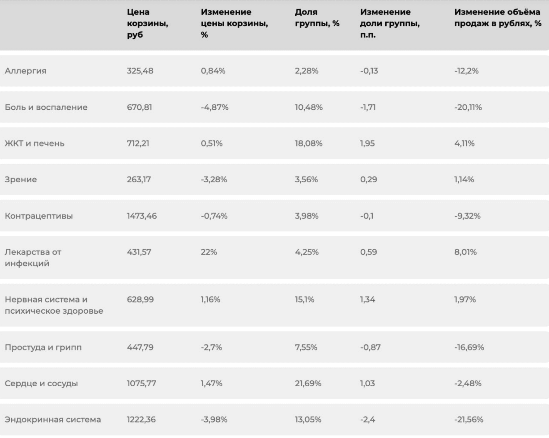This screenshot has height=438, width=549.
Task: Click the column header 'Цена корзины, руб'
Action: [147, 23]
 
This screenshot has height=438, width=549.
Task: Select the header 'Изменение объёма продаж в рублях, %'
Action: [498, 18]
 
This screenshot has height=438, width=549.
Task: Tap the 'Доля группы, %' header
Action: [317, 18]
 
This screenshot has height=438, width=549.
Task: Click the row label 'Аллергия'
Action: [25, 70]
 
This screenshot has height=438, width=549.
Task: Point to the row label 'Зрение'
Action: [21, 179]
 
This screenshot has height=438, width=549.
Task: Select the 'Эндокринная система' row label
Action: [53, 419]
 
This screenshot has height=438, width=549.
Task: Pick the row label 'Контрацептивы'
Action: [39, 216]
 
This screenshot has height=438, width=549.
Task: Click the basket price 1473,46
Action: [142, 216]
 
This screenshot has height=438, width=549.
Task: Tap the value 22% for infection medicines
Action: [209, 252]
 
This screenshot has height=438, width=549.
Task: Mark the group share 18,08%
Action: [309, 143]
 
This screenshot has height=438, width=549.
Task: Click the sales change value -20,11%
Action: [468, 107]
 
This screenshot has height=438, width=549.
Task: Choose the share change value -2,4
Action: [367, 419]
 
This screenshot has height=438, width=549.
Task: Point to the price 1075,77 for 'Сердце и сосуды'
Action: [141, 383]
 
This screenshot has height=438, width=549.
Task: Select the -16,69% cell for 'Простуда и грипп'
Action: [469, 347]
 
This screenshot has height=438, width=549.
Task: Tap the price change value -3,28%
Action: [214, 179]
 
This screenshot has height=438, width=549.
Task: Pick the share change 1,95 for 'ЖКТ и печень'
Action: [367, 143]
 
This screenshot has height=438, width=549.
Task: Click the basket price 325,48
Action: [140, 70]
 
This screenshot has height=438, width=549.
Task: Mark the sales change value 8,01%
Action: [465, 252]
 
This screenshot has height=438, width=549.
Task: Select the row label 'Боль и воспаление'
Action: [46, 107]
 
